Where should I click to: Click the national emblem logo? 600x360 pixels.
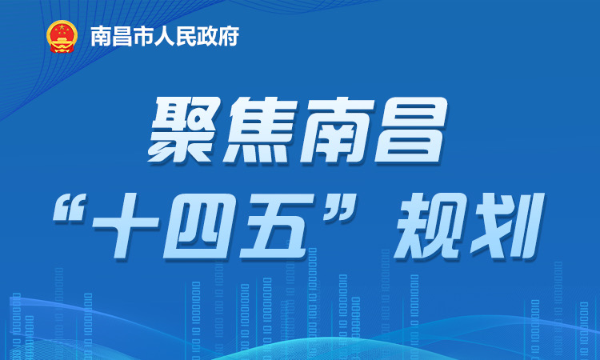(62, 36)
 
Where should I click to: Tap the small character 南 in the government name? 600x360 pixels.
(100, 36)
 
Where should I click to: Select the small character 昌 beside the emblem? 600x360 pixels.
(122, 36)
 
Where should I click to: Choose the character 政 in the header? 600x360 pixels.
(207, 36)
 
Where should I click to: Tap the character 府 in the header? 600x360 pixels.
(229, 36)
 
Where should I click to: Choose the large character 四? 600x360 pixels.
(199, 226)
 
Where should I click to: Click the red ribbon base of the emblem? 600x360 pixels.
(62, 48)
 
